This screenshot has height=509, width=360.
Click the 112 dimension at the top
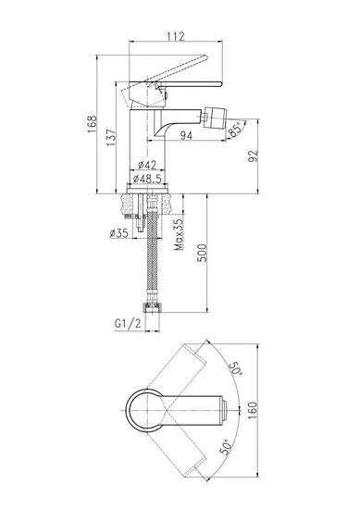pos(176,36)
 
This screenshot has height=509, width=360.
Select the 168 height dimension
pos(92,124)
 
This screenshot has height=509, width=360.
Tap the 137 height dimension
pos(111,137)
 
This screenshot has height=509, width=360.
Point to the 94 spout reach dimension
pos(186,135)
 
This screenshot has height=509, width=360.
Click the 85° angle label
pos(235,130)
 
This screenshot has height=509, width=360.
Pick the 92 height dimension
pos(254,156)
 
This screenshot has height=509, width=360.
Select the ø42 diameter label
pos(147,165)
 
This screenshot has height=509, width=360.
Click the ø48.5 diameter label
pos(147,179)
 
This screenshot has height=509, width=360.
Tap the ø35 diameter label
pos(118,232)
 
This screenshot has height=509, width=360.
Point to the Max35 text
pos(179,234)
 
